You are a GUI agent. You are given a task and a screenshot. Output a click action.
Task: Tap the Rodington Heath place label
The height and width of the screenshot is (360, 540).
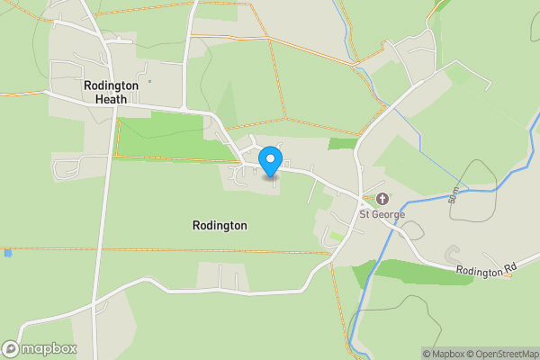coord(111,92)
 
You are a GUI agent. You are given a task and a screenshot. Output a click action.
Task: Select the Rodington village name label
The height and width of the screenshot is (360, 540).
coord(220,225)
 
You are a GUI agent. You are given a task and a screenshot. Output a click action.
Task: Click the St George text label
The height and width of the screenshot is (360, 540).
coord(382,214)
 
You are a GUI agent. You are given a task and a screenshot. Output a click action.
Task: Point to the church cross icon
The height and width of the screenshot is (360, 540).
coord(382,199)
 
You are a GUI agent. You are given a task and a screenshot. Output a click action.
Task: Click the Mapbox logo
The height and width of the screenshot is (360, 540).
coord(40,348)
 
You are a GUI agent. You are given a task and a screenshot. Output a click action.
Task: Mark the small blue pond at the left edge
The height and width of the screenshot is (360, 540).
coord(8,254)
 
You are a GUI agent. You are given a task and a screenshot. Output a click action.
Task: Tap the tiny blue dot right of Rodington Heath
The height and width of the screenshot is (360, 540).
coord(149,82)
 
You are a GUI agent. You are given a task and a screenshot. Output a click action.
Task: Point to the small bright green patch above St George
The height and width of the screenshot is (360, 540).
coord(342,143)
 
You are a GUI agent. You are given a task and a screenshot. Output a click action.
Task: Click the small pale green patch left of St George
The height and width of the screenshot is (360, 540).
coord(337,236)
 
